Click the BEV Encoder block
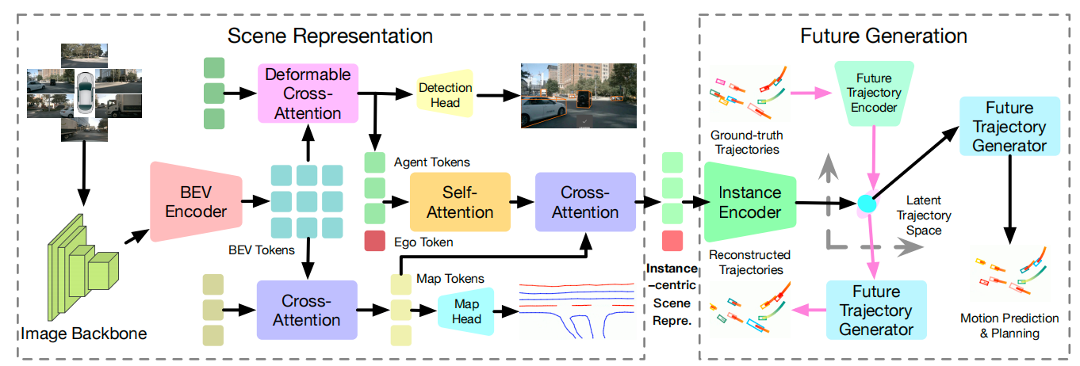[x=191, y=202]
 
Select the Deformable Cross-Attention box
[x=308, y=93]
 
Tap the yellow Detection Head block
[x=445, y=93]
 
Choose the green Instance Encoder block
[x=749, y=202]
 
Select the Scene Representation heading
[x=330, y=36]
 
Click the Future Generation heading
[x=883, y=36]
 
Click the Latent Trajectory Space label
[x=924, y=215]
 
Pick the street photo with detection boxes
[x=578, y=95]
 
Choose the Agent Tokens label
[x=431, y=162]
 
